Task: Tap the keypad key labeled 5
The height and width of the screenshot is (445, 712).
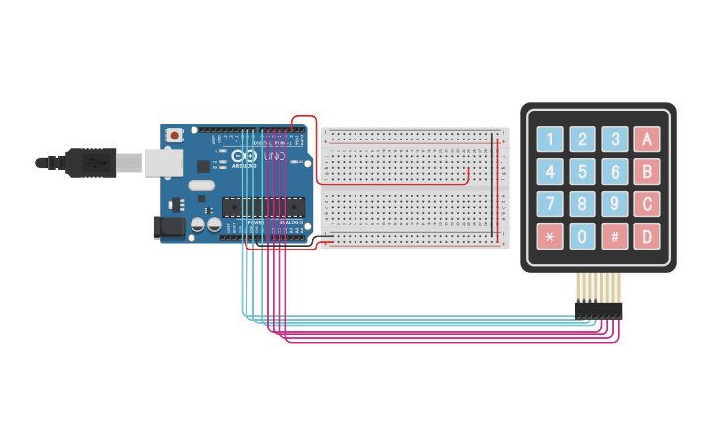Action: click(x=582, y=172)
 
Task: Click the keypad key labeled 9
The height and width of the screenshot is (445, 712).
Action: click(x=615, y=204)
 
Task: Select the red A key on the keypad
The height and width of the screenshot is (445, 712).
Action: click(x=647, y=139)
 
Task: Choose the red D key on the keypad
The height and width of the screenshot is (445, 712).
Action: click(x=647, y=236)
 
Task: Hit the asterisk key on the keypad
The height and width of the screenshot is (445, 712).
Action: click(x=550, y=236)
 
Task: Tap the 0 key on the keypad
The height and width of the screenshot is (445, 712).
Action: click(x=582, y=236)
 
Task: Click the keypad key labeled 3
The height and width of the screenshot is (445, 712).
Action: click(x=615, y=139)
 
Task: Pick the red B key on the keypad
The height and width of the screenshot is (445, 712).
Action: click(x=647, y=172)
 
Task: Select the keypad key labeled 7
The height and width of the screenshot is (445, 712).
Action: click(x=550, y=204)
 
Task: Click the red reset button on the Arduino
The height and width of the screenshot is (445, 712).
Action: click(x=174, y=135)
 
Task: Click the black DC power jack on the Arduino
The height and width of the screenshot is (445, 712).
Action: click(x=169, y=228)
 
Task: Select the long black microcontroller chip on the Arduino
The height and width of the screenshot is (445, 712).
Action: click(x=261, y=206)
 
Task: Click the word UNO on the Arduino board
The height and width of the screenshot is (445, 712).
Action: click(x=274, y=156)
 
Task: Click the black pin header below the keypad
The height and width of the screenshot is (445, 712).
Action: click(x=598, y=310)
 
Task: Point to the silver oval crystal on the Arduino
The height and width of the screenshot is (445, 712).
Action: click(x=201, y=185)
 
